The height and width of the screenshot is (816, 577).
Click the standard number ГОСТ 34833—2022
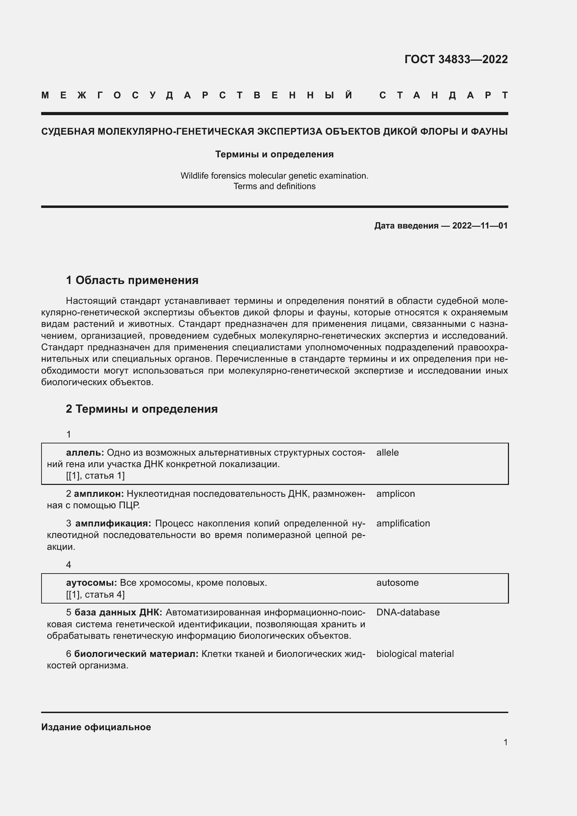[x=456, y=59]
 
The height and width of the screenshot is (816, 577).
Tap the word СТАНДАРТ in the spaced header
[x=443, y=95]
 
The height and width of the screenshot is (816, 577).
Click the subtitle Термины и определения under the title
[x=274, y=154]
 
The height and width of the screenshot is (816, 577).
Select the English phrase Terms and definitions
[x=274, y=186]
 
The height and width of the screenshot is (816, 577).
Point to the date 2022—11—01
[x=480, y=226]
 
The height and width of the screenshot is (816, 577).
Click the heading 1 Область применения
[x=132, y=280]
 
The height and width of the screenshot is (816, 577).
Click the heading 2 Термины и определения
[x=142, y=409]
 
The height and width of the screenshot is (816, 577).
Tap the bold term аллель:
[x=85, y=452]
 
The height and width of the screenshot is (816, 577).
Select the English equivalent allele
[x=387, y=452]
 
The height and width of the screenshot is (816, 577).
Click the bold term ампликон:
[x=99, y=494]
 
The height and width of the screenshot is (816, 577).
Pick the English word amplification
[x=403, y=523]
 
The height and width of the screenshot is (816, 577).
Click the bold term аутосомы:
[x=91, y=583]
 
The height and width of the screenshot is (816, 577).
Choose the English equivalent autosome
[x=397, y=583]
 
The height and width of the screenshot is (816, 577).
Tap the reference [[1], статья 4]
[x=95, y=594]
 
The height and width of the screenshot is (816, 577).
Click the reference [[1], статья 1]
[x=95, y=476]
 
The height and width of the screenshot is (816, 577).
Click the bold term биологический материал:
[x=136, y=653]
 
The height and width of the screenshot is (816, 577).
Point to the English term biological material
[x=415, y=653]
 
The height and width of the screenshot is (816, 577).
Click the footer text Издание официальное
[x=96, y=727]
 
